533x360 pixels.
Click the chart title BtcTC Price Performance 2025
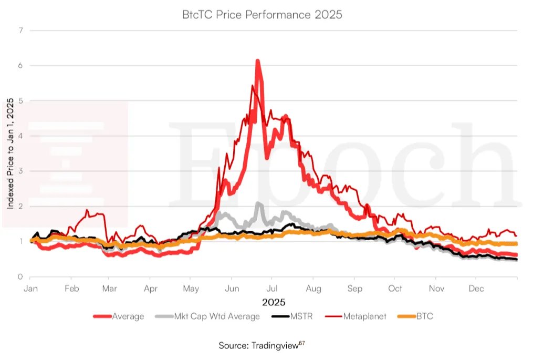(x=262, y=15)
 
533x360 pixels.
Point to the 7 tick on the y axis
(x=20, y=30)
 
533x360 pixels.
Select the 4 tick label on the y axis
(x=20, y=136)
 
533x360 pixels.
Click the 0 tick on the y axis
(x=20, y=277)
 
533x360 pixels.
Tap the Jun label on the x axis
(x=232, y=289)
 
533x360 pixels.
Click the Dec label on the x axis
(x=476, y=289)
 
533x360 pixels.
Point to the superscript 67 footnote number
(x=302, y=343)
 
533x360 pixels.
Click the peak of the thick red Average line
(x=257, y=61)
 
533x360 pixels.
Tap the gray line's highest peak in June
(x=258, y=203)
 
